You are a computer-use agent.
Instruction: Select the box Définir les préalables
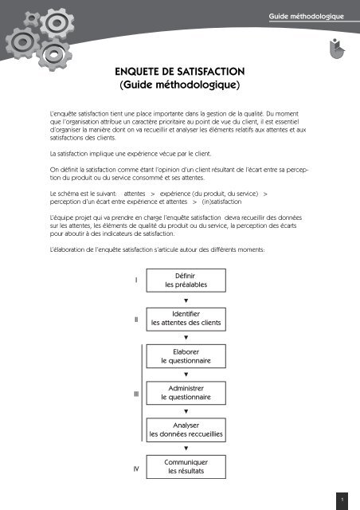pos(185,280)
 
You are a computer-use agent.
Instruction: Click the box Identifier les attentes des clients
pos(185,319)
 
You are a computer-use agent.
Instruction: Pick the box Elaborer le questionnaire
pos(185,355)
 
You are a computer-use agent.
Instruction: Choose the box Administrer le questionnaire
pos(185,392)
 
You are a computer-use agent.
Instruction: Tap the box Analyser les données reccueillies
pos(185,430)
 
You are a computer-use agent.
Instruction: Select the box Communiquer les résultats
pos(185,467)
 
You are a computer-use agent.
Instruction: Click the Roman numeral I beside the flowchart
pos(136,280)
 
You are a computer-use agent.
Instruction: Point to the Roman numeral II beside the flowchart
pos(136,319)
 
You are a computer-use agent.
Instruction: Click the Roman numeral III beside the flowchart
pos(136,393)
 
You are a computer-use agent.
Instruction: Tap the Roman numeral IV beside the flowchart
pos(136,469)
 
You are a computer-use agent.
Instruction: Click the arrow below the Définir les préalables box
pos(186,300)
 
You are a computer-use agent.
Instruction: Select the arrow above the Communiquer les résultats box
pos(186,449)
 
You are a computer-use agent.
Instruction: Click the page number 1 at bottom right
pos(341,500)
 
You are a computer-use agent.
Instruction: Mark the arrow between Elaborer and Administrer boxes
pos(186,374)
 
